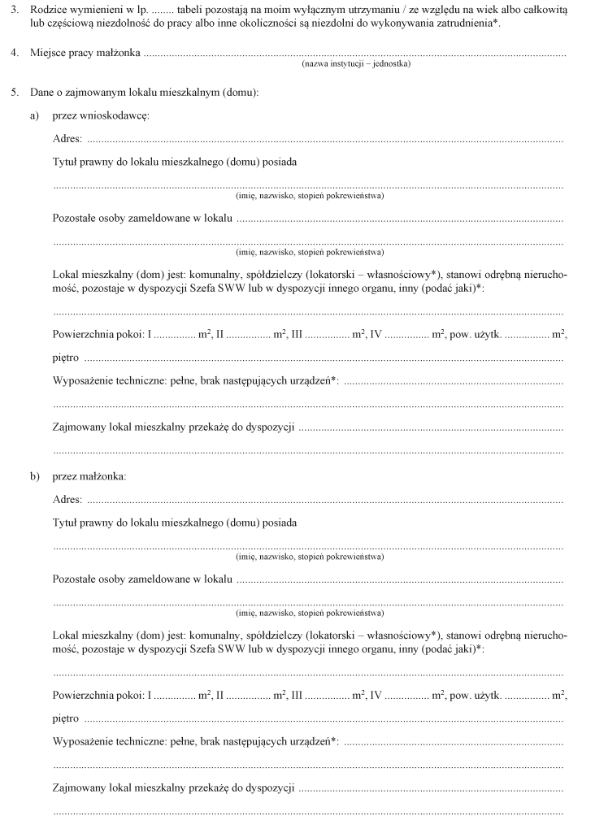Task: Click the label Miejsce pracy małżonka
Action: (85, 54)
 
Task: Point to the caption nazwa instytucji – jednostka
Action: (355, 63)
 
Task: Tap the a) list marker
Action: (35, 116)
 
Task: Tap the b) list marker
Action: (35, 475)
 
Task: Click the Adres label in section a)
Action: (67, 140)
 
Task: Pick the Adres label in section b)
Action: (67, 499)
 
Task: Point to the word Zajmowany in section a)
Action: (78, 427)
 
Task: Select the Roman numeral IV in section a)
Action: (376, 335)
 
